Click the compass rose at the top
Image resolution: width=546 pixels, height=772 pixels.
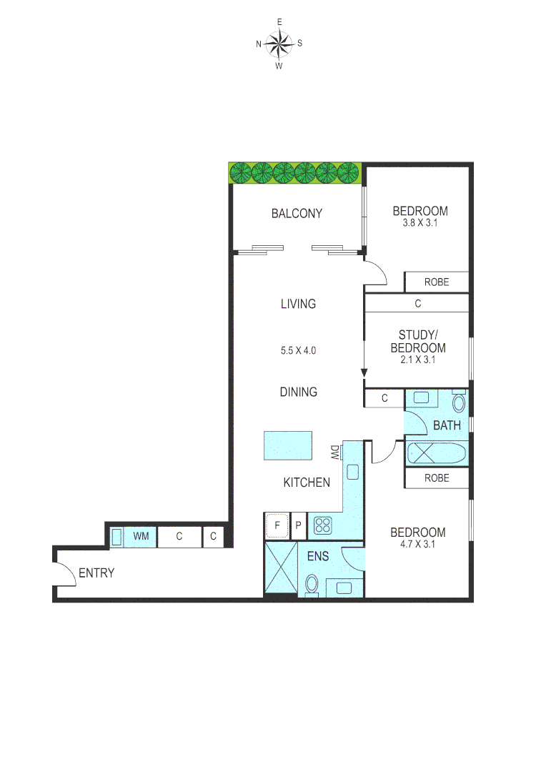click(279, 44)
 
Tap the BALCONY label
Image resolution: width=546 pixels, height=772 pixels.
click(297, 213)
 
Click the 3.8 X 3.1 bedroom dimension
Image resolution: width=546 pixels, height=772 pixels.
click(420, 222)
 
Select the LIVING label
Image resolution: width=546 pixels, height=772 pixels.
click(298, 304)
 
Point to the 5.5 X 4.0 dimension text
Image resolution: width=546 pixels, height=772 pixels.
click(298, 350)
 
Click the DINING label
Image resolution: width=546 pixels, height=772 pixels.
click(298, 392)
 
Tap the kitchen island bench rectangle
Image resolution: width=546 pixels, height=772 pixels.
click(288, 445)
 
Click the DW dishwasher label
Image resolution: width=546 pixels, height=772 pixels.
click(334, 452)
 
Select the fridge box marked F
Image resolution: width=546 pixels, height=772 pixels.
click(277, 526)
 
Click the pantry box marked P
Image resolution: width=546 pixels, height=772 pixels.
click(299, 526)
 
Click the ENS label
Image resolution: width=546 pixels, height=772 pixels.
click(318, 556)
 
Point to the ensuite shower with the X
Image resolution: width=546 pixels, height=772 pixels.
click(280, 568)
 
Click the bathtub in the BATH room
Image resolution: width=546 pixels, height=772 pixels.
click(437, 453)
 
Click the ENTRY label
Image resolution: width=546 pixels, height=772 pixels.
click(96, 573)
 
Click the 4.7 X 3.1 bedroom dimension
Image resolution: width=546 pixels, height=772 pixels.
click(417, 544)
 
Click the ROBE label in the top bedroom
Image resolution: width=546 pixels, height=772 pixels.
click(437, 282)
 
